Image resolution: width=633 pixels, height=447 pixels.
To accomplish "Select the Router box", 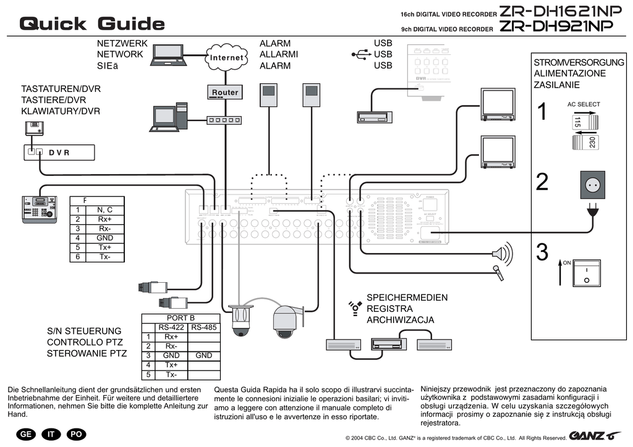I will [x=225, y=92].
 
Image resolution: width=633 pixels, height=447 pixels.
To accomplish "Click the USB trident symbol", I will [x=361, y=54].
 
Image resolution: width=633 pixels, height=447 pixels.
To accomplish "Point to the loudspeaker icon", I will [x=503, y=253].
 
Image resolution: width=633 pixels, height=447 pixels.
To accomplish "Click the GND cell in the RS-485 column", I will [x=203, y=356].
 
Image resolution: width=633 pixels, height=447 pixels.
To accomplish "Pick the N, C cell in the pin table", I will [x=104, y=210].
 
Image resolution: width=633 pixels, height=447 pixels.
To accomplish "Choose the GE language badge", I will [x=26, y=434].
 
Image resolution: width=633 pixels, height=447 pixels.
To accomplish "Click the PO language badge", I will [x=76, y=434].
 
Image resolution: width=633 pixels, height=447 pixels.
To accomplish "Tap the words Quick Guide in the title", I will [x=92, y=23].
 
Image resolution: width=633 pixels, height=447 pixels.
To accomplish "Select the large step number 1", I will [x=542, y=112].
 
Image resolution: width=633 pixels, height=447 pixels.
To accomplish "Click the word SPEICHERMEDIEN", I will [x=407, y=298].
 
